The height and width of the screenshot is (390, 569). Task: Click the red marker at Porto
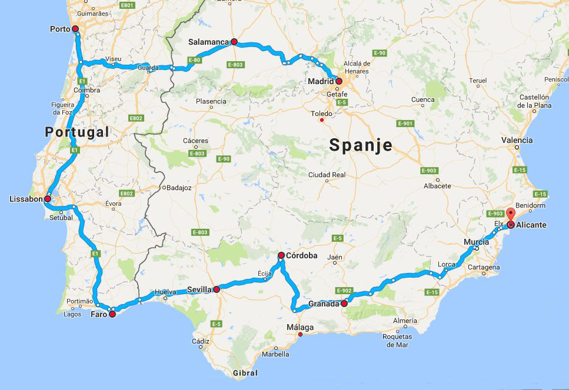[x=75, y=29]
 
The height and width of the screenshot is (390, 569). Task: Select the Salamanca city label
[x=208, y=42]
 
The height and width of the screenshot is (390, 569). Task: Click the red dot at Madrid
[x=340, y=81]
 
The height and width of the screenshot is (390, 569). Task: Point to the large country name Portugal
[x=77, y=132]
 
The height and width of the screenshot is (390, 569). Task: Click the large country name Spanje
[x=361, y=145]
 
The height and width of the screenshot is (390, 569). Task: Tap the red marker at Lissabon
[x=48, y=199]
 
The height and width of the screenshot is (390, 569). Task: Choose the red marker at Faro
[x=112, y=314]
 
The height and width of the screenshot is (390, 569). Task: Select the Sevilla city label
[x=199, y=289]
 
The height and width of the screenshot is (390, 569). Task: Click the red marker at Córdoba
[x=281, y=255]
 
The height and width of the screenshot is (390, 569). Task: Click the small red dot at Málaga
[x=300, y=335]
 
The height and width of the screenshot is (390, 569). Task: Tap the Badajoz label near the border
[x=179, y=188]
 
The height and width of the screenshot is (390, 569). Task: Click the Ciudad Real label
[x=327, y=175]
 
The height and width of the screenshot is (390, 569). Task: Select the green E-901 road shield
[x=405, y=124]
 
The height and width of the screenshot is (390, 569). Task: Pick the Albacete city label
[x=437, y=186]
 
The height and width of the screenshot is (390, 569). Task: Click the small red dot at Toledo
[x=321, y=121]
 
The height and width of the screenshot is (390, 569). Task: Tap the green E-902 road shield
[x=344, y=291]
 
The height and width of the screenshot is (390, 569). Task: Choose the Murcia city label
[x=476, y=242]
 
